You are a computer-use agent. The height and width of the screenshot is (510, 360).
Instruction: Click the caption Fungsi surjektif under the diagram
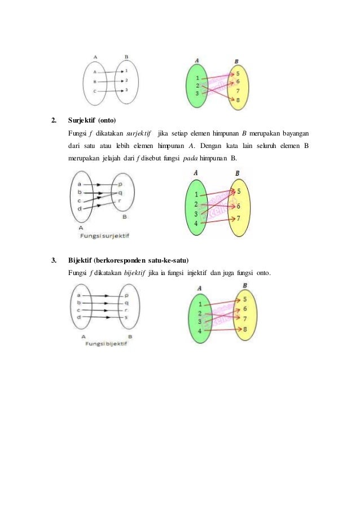tap(104, 234)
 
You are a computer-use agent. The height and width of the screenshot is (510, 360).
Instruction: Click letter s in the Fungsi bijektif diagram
tap(126, 317)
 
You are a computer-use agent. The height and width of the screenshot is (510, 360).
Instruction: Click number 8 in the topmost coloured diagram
tap(238, 100)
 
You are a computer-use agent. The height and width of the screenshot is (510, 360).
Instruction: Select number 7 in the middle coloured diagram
tap(238, 218)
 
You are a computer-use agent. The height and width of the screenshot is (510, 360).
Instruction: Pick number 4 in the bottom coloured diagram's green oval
tap(200, 330)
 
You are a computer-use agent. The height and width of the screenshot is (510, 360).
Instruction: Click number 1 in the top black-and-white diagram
tap(127, 71)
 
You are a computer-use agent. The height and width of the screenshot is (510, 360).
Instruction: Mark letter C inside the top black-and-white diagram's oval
tap(94, 91)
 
